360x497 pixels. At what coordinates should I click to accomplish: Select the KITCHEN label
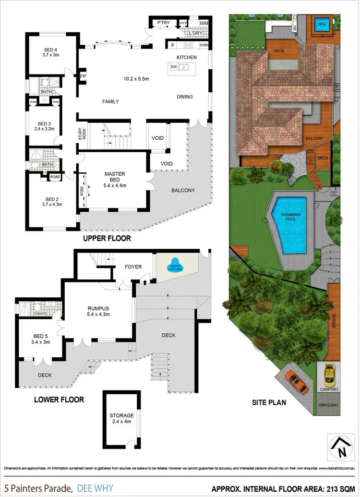coord(186,57)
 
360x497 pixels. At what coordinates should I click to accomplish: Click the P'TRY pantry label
coord(158,23)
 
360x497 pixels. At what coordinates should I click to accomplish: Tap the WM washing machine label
coord(204,23)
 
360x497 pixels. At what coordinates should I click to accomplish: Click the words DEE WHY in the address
coord(95,489)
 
